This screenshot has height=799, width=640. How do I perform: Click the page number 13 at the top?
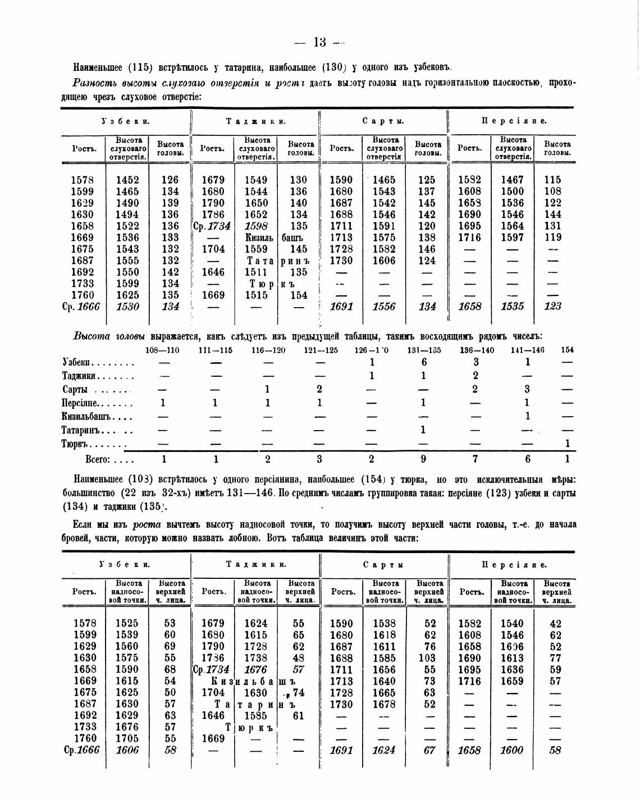pos(320,43)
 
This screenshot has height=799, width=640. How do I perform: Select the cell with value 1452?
pos(127,180)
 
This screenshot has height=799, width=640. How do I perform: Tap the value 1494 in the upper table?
pos(127,214)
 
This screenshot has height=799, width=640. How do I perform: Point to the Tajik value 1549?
pos(256,180)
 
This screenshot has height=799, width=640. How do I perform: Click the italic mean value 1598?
pos(256,226)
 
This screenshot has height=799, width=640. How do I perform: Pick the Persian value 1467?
pos(512,180)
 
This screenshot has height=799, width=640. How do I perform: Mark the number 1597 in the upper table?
pos(512,238)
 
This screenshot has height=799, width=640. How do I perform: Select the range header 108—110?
pos(162,350)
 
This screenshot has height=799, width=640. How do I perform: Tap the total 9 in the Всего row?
pos(423,459)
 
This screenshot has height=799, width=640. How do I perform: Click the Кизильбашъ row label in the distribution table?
pos(88,417)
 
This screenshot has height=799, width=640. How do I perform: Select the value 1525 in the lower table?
pos(127,623)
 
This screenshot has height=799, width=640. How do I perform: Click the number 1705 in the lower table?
pos(127,738)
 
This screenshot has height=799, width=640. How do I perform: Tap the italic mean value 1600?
pos(512,750)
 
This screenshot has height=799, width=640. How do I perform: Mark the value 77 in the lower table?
pos(555,658)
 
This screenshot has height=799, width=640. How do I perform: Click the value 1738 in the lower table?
pos(256,658)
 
